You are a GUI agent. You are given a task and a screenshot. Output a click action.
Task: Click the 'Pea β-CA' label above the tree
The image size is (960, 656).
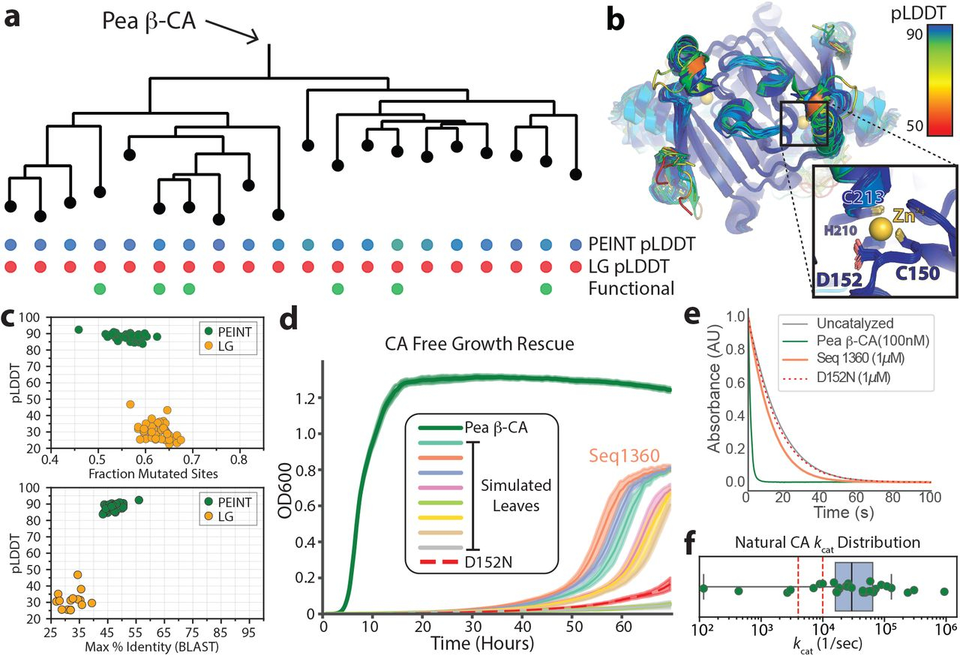[149, 21]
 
